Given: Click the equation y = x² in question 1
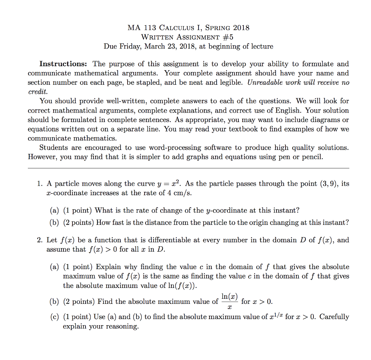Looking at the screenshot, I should pyautogui.click(x=174, y=184).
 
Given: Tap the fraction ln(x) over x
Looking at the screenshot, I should pyautogui.click(x=230, y=301).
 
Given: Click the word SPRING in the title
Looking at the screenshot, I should pyautogui.click(x=218, y=28).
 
